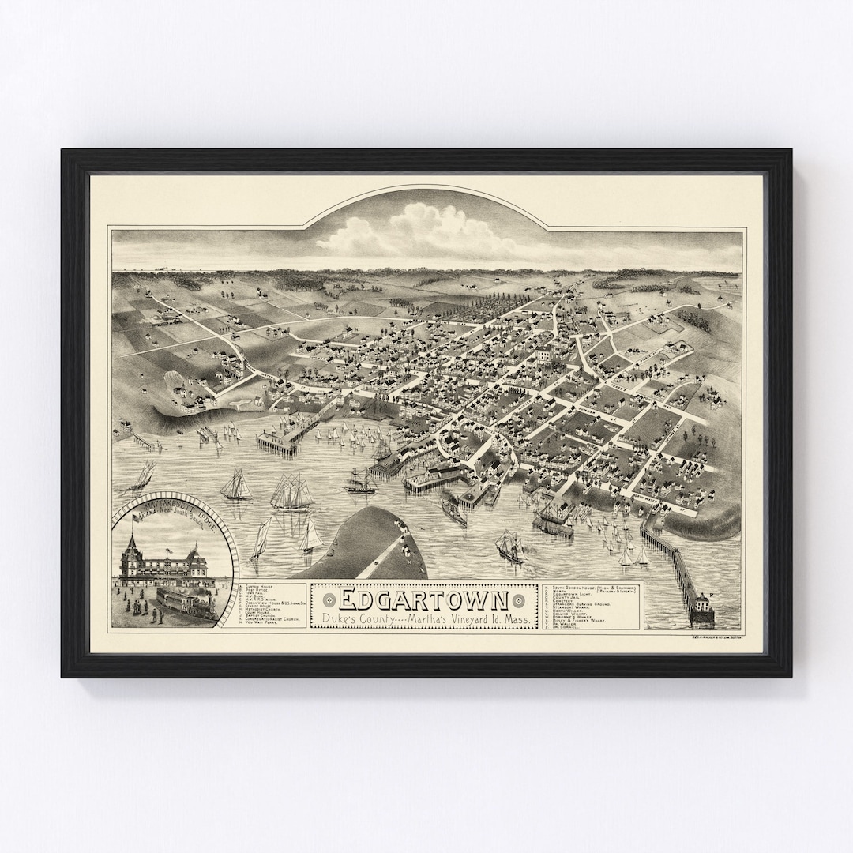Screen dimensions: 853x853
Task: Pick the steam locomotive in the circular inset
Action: click(x=190, y=604)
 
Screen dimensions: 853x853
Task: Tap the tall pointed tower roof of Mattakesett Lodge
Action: click(x=130, y=544)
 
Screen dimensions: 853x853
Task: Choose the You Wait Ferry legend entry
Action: click(x=265, y=623)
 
